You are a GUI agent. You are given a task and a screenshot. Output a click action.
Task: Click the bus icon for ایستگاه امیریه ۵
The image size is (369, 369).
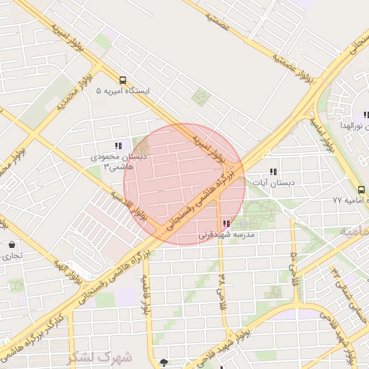pyautogui.click(x=123, y=80)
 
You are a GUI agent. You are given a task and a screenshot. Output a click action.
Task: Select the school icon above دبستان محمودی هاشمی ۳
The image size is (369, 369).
pyautogui.click(x=119, y=146)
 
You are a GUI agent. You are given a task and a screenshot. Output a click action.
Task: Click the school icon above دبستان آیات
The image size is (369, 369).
pyautogui.click(x=273, y=172)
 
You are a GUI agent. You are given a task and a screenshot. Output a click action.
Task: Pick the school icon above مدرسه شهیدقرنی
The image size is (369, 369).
pyautogui.click(x=227, y=224)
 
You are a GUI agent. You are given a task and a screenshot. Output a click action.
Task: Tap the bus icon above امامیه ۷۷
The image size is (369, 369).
pyautogui.click(x=361, y=189)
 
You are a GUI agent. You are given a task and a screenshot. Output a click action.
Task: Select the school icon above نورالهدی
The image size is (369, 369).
pyautogui.click(x=365, y=115)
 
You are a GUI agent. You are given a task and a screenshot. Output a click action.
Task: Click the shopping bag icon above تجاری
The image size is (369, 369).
pyautogui.click(x=12, y=245)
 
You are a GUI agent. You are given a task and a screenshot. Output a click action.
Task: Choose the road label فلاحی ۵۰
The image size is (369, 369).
pyautogui.click(x=293, y=267)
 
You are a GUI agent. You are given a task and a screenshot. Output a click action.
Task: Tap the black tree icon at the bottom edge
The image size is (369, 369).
pyautogui.click(x=164, y=363)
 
